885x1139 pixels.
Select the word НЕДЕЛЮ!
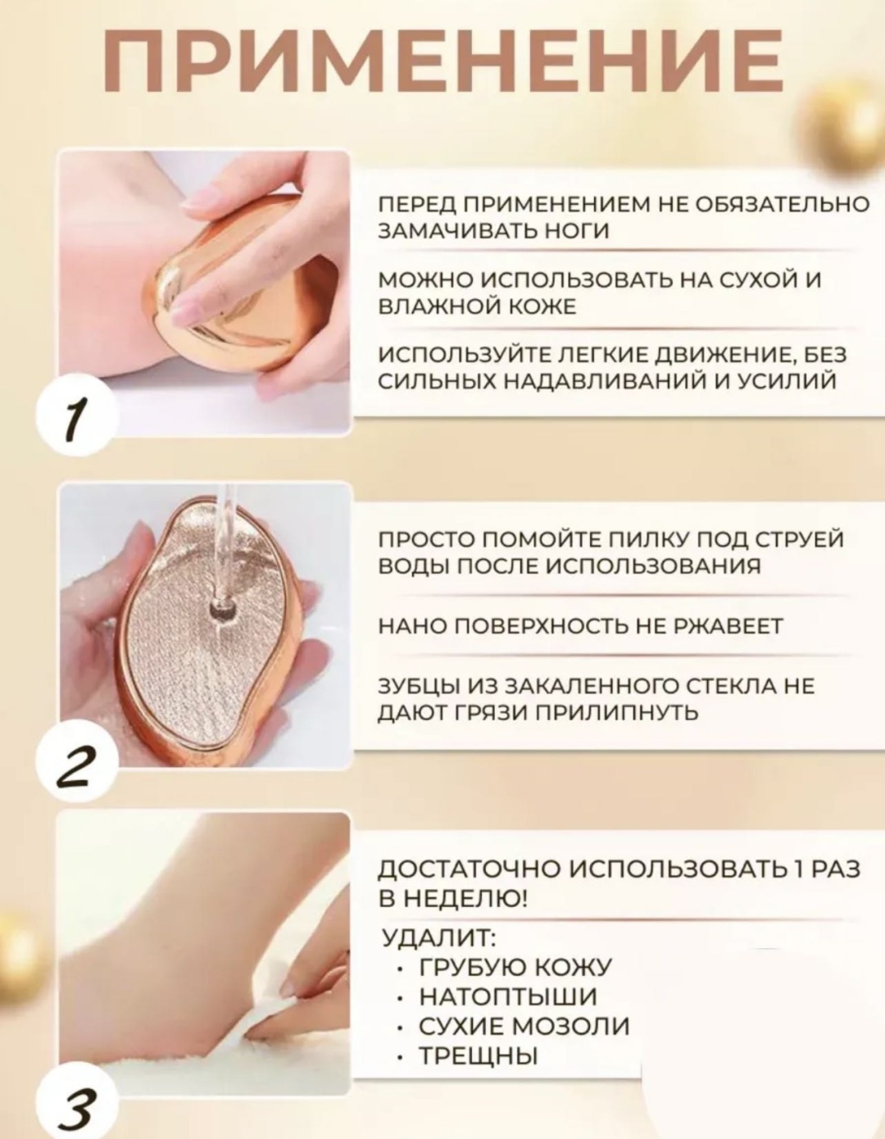(x=469, y=900)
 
